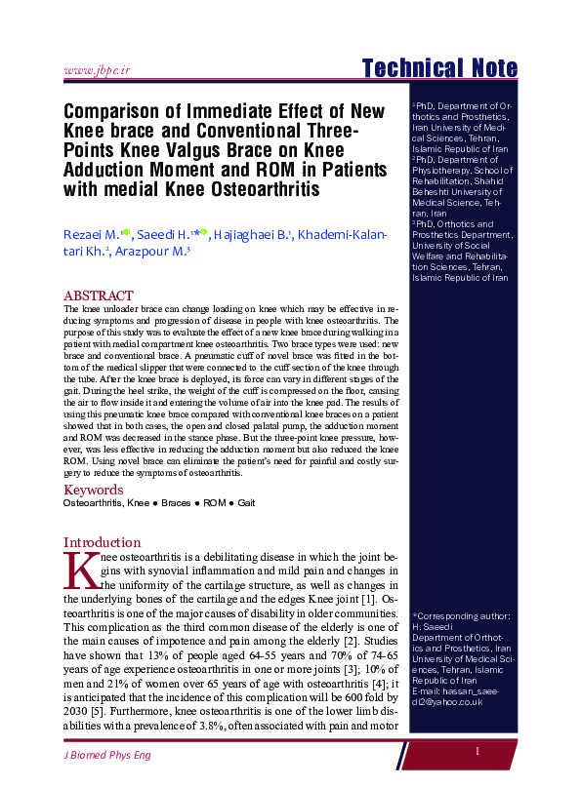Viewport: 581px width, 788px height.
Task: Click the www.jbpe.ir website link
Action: [97, 70]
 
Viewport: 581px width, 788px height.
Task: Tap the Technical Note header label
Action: [439, 68]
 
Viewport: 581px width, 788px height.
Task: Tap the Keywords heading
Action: [95, 490]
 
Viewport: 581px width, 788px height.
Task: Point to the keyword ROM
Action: [215, 504]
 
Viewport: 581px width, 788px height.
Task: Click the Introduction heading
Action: [104, 542]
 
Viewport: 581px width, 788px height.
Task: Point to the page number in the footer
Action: [477, 751]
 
